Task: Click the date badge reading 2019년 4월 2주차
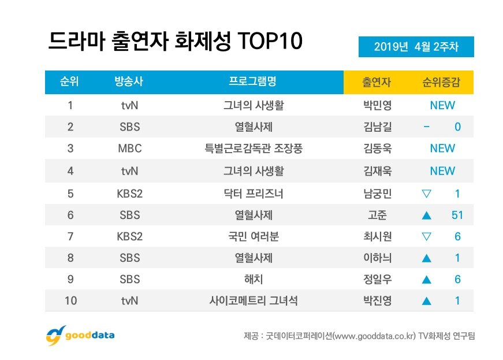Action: click(416, 47)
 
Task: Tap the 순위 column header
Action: click(70, 82)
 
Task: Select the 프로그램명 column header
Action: click(254, 82)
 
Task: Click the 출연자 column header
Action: click(376, 82)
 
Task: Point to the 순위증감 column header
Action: click(442, 82)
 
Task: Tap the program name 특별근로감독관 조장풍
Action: click(254, 149)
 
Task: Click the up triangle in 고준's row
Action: click(427, 215)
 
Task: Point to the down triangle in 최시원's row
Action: click(427, 236)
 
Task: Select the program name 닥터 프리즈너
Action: click(254, 193)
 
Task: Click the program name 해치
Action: click(254, 279)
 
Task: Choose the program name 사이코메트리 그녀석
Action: click(254, 300)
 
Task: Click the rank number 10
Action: click(70, 300)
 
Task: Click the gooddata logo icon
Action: click(54, 336)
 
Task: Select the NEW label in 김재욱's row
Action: click(442, 171)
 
